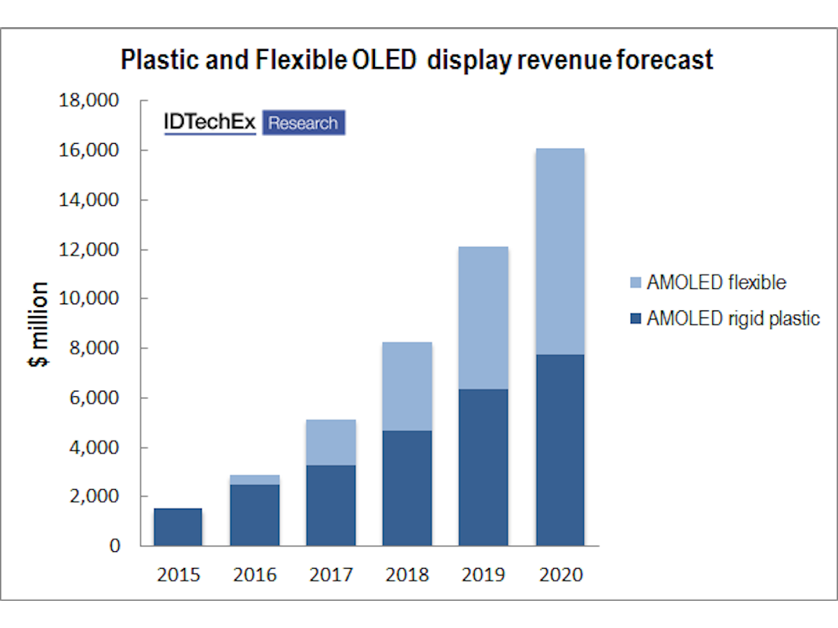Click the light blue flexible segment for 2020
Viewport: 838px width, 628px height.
560,251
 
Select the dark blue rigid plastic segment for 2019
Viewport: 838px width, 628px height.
483,467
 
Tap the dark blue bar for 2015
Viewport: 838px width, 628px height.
178,527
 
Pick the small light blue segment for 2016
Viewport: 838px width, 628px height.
254,479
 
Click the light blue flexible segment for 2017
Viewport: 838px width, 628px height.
331,442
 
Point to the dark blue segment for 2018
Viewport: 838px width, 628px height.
407,488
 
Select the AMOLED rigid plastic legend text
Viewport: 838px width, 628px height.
733,319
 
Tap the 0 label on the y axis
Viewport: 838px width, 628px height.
114,546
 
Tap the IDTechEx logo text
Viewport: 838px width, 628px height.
209,122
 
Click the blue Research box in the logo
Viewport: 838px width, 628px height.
303,124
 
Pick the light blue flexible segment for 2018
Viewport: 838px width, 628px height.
407,386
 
